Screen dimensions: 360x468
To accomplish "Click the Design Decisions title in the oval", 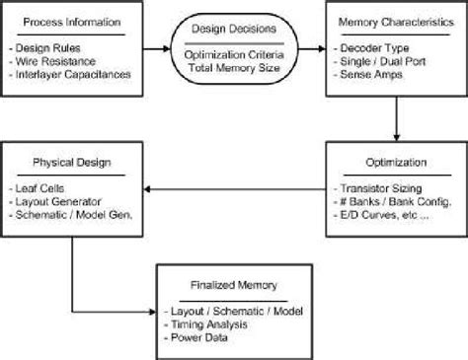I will (233, 29).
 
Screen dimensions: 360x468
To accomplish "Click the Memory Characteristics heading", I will (395, 22).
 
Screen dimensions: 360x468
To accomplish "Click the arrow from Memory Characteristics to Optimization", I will (396, 120).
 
